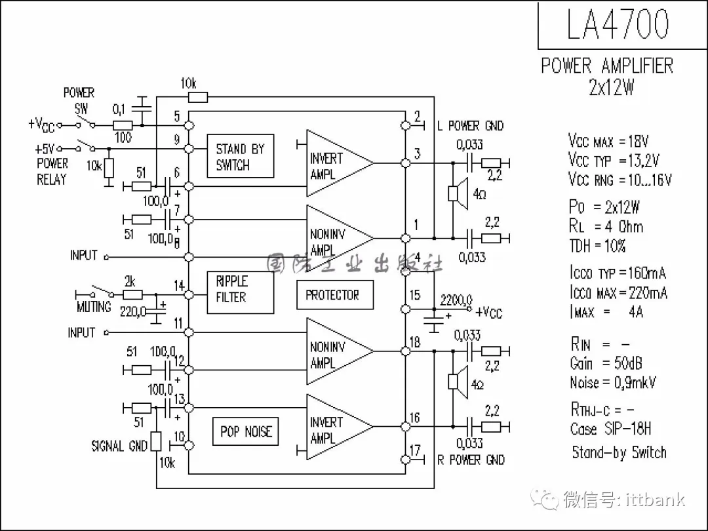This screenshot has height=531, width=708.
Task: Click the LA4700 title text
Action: pos(618,24)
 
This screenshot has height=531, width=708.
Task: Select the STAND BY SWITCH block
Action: pos(240,156)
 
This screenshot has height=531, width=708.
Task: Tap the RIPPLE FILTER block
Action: pos(240,290)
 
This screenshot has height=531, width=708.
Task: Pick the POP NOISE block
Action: pos(245,431)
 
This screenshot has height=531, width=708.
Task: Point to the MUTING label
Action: pos(94,307)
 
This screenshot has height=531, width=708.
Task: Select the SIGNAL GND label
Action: pos(119,446)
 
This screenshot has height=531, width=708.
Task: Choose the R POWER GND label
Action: pos(471,460)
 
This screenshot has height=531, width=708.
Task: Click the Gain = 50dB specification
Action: pos(606,363)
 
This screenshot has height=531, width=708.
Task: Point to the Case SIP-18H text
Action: pos(610,429)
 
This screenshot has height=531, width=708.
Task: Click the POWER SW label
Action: pos(79,100)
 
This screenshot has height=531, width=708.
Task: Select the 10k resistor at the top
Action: pos(197,98)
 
